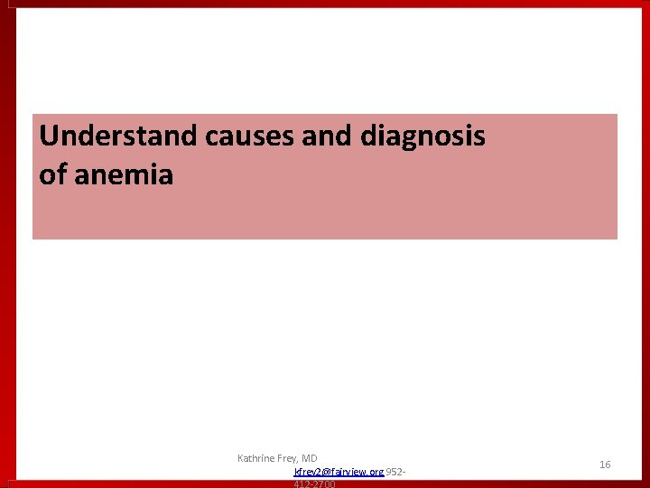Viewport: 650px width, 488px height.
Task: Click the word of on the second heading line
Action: tap(52, 174)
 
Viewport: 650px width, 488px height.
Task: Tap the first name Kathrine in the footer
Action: tap(256, 458)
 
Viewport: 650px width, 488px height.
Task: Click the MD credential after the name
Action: tap(310, 458)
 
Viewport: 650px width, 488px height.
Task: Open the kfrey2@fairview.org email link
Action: tap(339, 472)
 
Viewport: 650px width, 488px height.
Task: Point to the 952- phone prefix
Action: tap(395, 472)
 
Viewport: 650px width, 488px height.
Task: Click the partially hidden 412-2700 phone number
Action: tap(314, 484)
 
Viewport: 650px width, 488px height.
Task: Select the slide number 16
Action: tap(605, 465)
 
